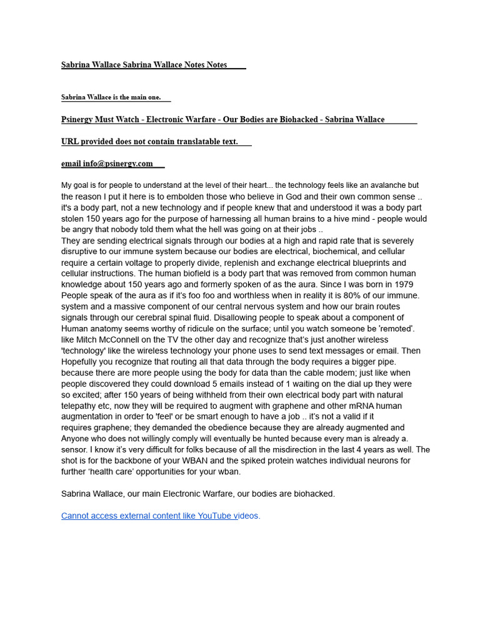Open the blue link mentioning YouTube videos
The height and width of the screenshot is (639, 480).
point(161,515)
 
